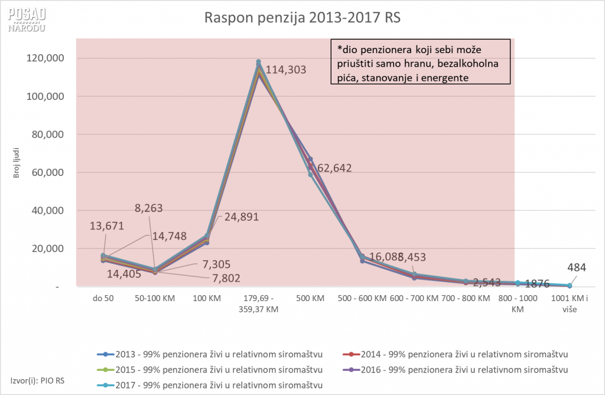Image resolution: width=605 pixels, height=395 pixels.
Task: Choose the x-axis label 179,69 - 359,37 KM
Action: click(259, 303)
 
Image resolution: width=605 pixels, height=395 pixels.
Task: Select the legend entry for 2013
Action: click(210, 354)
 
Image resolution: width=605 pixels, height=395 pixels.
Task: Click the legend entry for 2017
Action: click(210, 385)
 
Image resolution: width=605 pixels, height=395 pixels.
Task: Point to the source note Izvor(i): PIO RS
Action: click(37, 379)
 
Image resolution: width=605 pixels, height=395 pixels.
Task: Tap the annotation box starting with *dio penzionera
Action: click(419, 63)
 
